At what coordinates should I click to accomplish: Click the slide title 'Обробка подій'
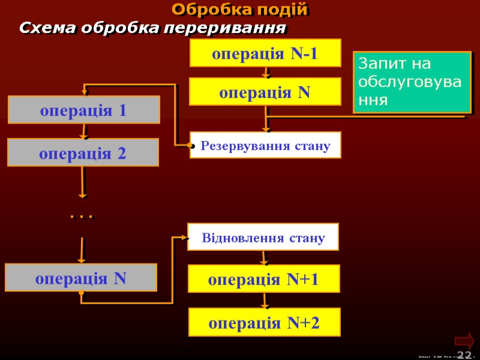point(240,10)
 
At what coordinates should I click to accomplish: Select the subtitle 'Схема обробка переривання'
point(152,28)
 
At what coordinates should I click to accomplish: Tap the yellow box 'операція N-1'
point(265,53)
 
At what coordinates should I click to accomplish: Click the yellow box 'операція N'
point(265,92)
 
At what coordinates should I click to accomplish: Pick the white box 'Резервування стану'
point(265,145)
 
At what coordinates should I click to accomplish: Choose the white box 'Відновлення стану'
point(263,237)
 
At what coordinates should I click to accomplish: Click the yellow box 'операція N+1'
point(264,279)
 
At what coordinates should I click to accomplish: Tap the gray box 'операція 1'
point(83,110)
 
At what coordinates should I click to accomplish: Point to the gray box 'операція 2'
point(83,152)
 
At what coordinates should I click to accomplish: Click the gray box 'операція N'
point(81,278)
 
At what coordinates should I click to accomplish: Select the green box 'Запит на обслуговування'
point(412,82)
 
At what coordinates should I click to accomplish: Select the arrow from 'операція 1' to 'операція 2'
point(83,131)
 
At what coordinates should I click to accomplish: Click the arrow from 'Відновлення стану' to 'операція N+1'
point(263,258)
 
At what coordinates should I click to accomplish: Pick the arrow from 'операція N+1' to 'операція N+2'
point(264,301)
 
